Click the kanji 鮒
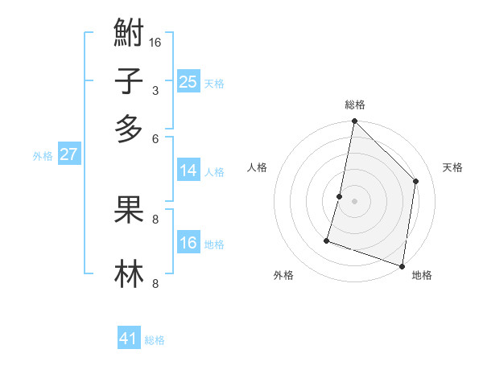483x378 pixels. pyautogui.click(x=130, y=34)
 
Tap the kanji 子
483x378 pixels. pyautogui.click(x=130, y=81)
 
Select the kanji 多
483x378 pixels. pyautogui.click(x=130, y=129)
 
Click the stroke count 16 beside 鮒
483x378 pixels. pyautogui.click(x=156, y=42)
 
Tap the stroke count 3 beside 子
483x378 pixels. pyautogui.click(x=155, y=90)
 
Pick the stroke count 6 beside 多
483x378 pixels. pyautogui.click(x=155, y=138)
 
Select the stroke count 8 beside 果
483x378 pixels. pyautogui.click(x=155, y=218)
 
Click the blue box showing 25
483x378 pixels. pyautogui.click(x=188, y=81)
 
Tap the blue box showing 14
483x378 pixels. pyautogui.click(x=188, y=171)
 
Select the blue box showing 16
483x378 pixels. pyautogui.click(x=188, y=244)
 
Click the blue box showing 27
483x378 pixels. pyautogui.click(x=68, y=154)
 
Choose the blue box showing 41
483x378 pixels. pyautogui.click(x=129, y=339)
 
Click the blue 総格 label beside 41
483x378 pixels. pyautogui.click(x=155, y=340)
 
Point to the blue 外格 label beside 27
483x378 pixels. pyautogui.click(x=42, y=156)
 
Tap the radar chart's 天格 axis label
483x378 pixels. pyautogui.click(x=452, y=167)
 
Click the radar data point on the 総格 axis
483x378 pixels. pyautogui.click(x=354, y=121)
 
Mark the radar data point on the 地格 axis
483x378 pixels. pyautogui.click(x=402, y=265)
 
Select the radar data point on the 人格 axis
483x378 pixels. pyautogui.click(x=340, y=196)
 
